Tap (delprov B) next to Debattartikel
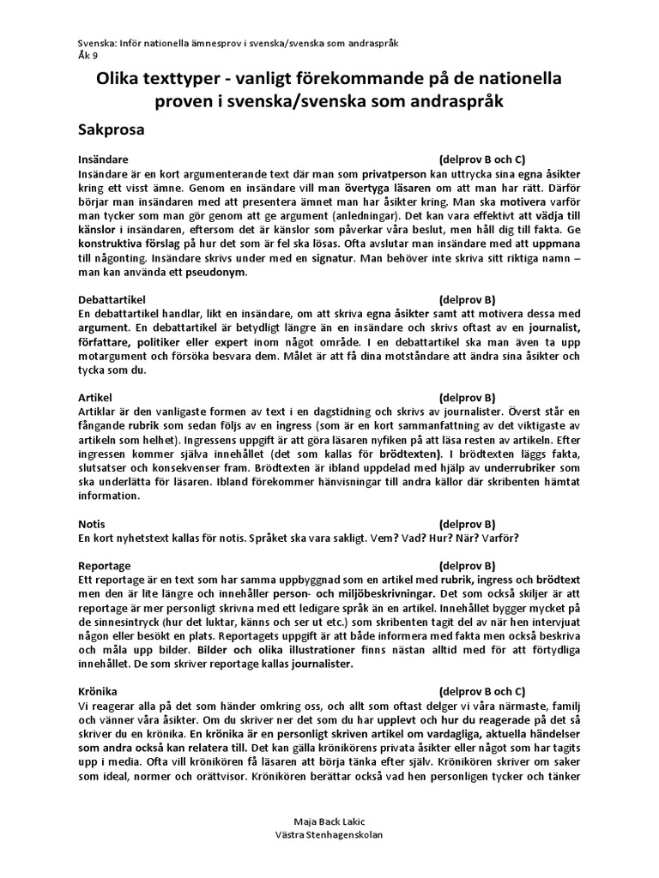coord(467,299)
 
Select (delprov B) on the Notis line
coord(467,524)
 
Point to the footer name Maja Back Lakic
coord(329,821)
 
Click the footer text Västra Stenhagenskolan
coord(329,834)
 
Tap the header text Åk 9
coord(88,53)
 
